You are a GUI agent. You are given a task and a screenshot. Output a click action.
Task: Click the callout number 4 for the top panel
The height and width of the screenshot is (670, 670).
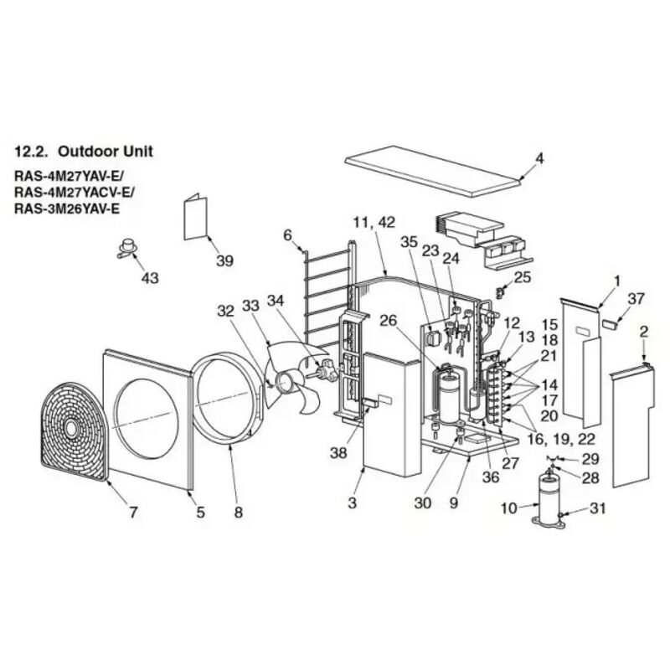click(539, 158)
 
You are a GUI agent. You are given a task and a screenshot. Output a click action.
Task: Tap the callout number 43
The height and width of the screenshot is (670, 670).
click(149, 276)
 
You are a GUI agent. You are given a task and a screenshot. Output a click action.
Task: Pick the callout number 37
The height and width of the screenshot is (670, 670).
click(636, 299)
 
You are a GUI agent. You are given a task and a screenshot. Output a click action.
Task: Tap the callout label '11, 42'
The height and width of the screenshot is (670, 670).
click(373, 222)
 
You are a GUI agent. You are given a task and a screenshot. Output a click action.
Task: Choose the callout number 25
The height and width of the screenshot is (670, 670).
click(523, 276)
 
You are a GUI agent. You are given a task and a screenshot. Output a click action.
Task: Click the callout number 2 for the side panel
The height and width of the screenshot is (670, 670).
click(643, 332)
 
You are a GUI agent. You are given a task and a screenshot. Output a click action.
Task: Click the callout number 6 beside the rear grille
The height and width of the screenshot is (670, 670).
click(287, 235)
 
